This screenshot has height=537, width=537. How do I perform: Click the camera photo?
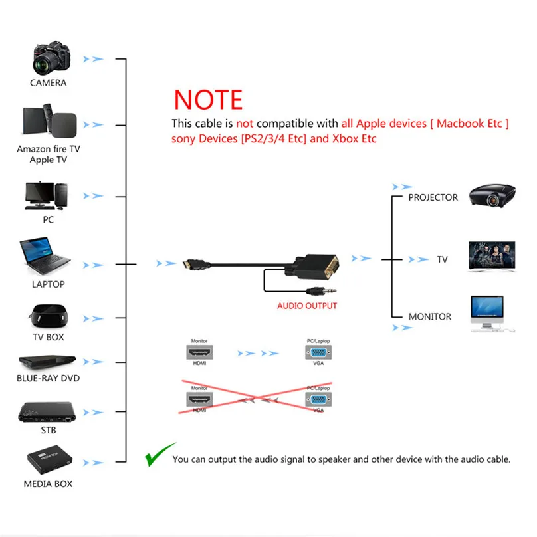point(51,58)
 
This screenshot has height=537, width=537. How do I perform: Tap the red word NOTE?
point(208,100)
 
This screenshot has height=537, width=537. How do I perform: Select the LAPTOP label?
point(49,284)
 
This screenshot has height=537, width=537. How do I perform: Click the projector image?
point(492,195)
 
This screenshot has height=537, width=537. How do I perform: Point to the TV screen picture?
point(492,257)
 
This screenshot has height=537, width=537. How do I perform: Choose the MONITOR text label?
point(430,316)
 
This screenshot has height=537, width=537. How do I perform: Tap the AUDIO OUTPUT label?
point(307,306)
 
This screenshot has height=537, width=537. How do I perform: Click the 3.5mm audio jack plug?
point(322,292)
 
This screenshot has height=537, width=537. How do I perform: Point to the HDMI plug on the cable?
point(196,265)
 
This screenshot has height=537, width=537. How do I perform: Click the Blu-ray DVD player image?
point(47,362)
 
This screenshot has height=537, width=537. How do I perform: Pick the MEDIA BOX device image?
point(49,460)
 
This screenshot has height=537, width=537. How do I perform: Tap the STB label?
point(49,430)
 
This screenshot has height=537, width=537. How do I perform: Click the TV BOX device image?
point(49,316)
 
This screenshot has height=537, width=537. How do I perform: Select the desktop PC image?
point(47,195)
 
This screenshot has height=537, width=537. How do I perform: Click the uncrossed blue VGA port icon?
point(318,352)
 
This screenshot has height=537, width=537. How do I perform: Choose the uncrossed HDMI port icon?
point(199,352)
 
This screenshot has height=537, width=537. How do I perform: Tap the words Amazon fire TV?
point(49,149)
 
